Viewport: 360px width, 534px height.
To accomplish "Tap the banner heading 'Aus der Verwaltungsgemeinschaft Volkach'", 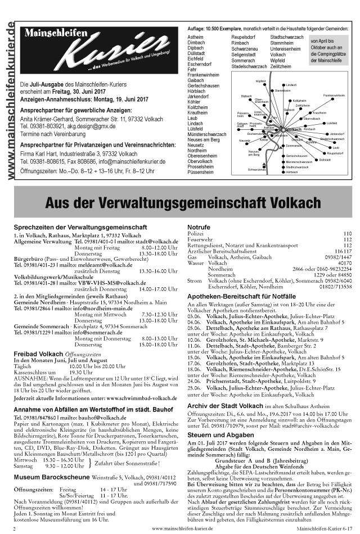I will (x=185, y=202).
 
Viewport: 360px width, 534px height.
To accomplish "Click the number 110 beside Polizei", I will (x=347, y=233).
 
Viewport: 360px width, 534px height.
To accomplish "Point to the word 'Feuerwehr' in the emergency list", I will (x=200, y=239).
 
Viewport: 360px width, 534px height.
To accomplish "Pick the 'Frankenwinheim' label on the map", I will (x=334, y=96).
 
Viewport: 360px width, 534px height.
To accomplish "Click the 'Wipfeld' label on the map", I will (x=260, y=81).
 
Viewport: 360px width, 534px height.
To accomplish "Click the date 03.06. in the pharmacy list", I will (x=194, y=318).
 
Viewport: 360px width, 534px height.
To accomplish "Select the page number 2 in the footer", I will (x=15, y=529).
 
